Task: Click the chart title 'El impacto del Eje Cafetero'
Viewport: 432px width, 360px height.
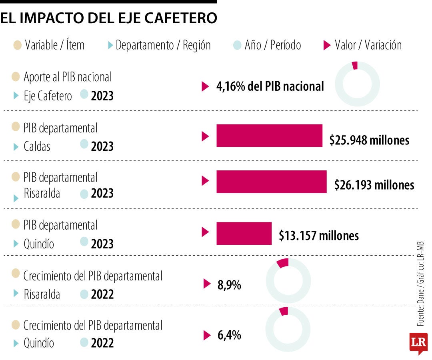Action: point(109,18)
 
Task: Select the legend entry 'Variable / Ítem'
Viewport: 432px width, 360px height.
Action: point(54,45)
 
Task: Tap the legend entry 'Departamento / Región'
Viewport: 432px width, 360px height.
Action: point(163,45)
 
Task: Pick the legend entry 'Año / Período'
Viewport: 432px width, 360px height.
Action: point(272,45)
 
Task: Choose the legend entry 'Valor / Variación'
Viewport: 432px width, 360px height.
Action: point(368,45)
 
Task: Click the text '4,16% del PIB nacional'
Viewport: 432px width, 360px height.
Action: point(270,86)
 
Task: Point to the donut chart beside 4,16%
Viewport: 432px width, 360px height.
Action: point(357,84)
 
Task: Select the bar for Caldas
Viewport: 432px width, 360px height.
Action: point(269,136)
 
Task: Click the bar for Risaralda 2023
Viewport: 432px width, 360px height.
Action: point(271,182)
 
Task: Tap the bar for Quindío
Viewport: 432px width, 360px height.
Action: point(244,233)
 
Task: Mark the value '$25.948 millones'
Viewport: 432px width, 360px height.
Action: point(369,140)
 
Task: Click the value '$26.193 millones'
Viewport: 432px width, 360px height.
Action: point(374,185)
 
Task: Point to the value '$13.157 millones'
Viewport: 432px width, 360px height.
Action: point(319,236)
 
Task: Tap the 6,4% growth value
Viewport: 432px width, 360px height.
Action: point(229,335)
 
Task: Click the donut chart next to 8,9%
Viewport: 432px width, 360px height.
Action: point(288,280)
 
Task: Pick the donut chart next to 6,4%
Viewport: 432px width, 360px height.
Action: point(288,329)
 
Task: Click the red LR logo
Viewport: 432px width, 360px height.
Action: point(418,342)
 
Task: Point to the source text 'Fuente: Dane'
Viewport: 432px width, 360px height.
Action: point(420,308)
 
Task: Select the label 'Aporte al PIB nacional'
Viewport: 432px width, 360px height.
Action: point(68,76)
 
